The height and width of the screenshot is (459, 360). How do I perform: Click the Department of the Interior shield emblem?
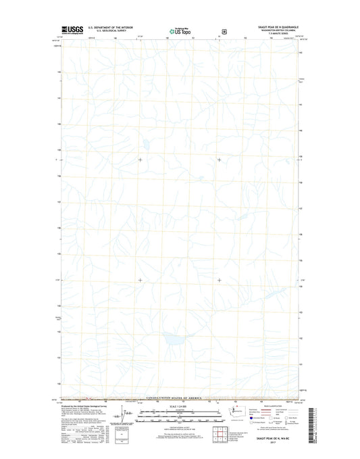tap(224, 30)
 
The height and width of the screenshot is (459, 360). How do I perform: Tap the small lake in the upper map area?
tap(144, 143)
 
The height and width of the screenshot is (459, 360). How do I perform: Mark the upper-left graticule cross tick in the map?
tap(140, 160)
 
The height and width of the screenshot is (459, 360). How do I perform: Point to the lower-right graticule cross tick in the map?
tap(219, 280)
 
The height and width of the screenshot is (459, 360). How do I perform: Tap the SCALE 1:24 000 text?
tap(179, 408)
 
